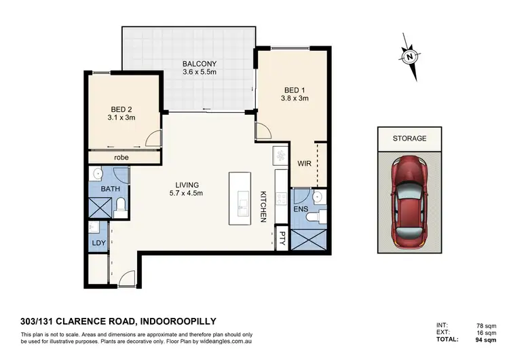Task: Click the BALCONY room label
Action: [x=199, y=65]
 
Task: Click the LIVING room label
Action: [x=186, y=184]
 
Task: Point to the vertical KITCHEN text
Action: [x=263, y=206]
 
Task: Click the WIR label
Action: [x=303, y=164]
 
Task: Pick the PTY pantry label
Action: [x=282, y=239]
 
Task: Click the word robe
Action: [x=121, y=158]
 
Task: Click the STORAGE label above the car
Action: [x=410, y=138]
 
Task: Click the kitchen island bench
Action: [x=240, y=200]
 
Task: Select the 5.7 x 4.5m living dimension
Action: [x=186, y=194]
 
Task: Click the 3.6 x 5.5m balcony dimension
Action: [x=199, y=75]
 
